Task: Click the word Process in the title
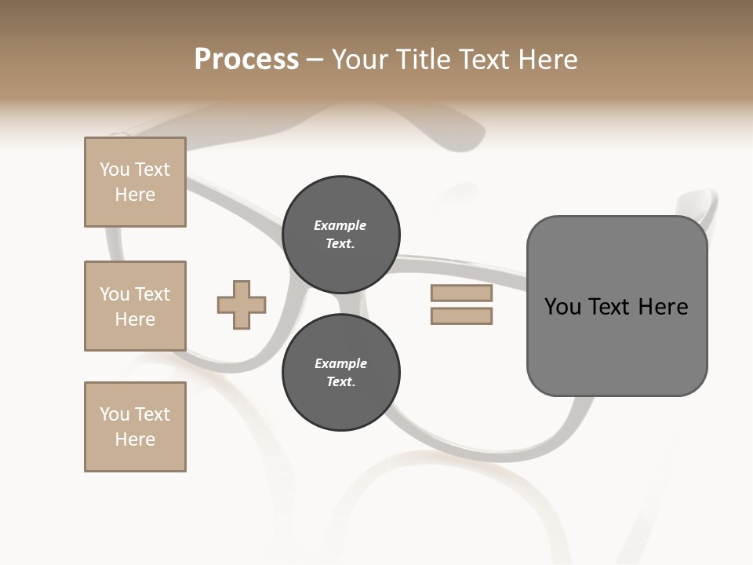[x=246, y=60]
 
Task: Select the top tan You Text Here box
[x=135, y=182]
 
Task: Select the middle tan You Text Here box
[x=135, y=306]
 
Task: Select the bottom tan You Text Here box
[x=135, y=427]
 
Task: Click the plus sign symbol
[x=242, y=304]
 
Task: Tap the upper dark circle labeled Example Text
[x=341, y=235]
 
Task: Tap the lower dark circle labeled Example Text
[x=341, y=373]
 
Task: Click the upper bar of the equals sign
[x=461, y=293]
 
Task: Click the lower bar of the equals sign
[x=461, y=315]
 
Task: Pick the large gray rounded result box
[x=617, y=345]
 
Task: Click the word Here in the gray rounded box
[x=663, y=307]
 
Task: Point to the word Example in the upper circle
[x=340, y=226]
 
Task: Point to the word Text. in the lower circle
[x=340, y=382]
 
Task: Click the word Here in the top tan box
[x=135, y=195]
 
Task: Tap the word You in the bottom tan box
[x=115, y=414]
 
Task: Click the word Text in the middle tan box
[x=151, y=294]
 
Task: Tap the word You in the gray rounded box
[x=563, y=307]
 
